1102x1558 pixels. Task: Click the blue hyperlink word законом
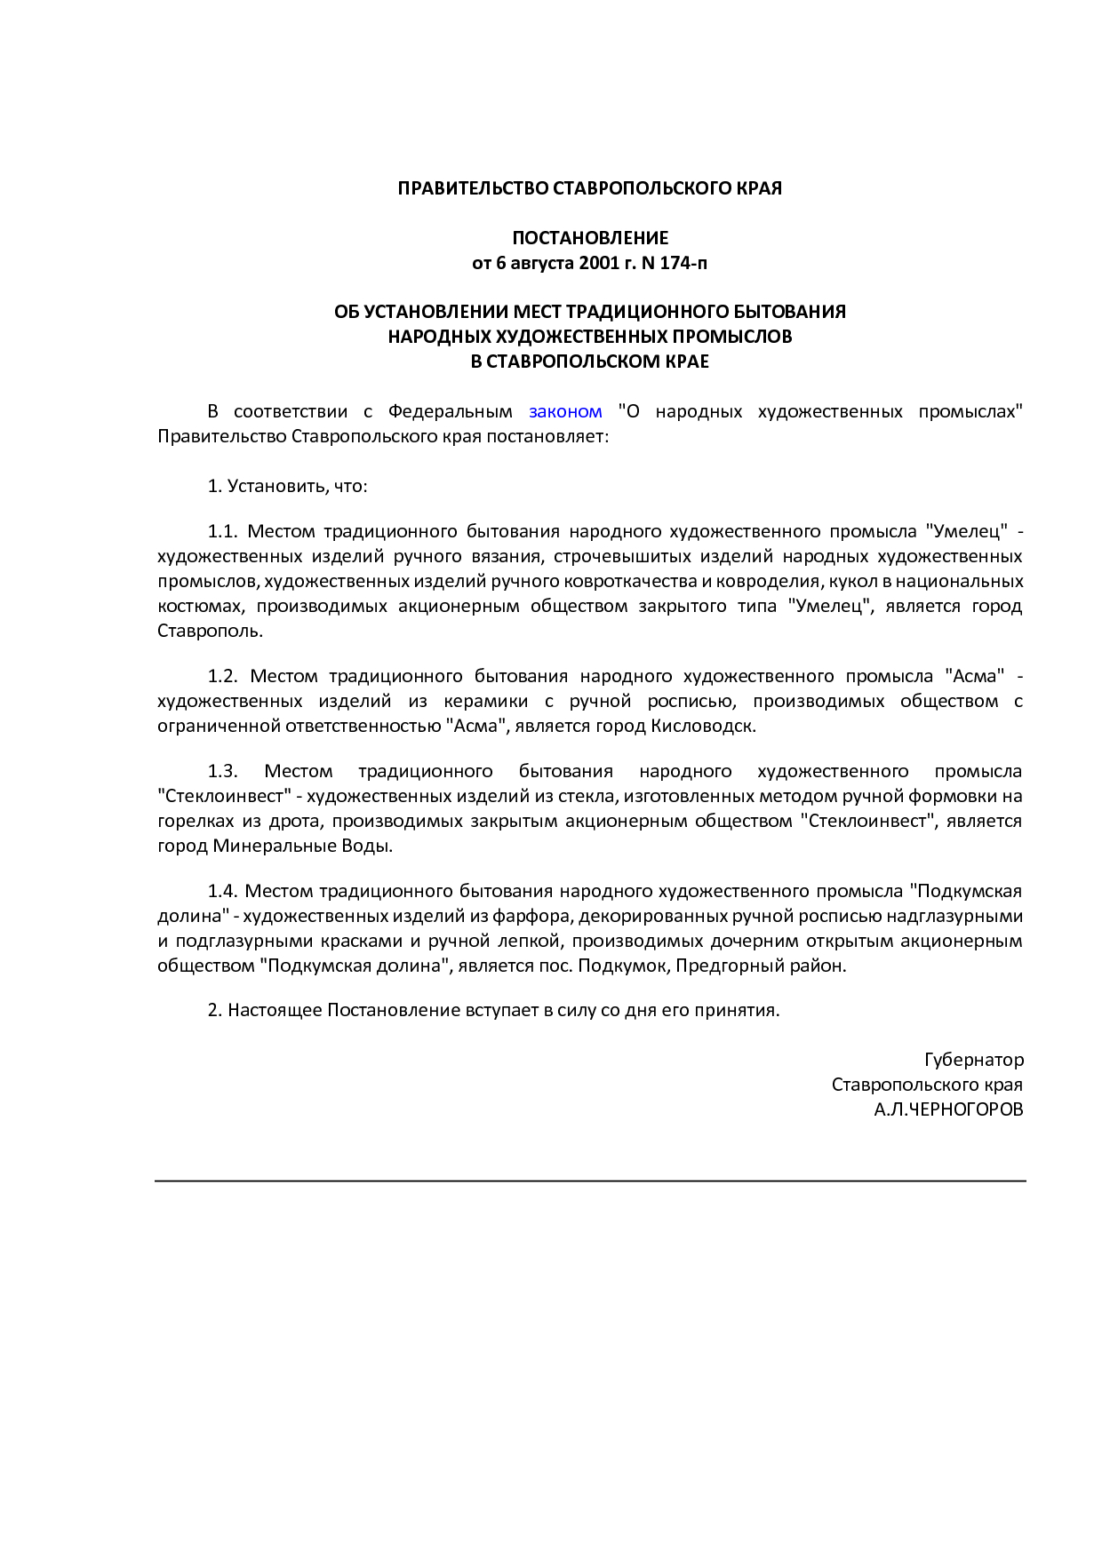click(565, 411)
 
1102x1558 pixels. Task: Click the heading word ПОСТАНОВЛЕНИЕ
click(590, 238)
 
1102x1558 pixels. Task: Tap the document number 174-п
click(683, 263)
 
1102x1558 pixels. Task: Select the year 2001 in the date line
click(597, 263)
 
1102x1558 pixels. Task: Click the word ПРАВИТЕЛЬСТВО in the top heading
click(473, 188)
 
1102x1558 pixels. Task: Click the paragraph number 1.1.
click(223, 531)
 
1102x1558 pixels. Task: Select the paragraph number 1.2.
click(223, 676)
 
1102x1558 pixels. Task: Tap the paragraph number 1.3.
click(223, 771)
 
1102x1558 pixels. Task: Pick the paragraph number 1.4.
click(223, 891)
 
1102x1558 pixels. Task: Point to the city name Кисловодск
click(703, 726)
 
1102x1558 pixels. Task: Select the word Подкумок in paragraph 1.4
click(621, 966)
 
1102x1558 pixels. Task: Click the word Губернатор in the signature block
click(974, 1060)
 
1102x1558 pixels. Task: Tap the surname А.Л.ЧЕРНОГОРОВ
click(948, 1109)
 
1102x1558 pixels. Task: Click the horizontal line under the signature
click(590, 1180)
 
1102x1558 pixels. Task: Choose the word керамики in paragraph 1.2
click(485, 701)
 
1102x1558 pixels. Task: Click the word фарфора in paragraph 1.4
click(531, 916)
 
